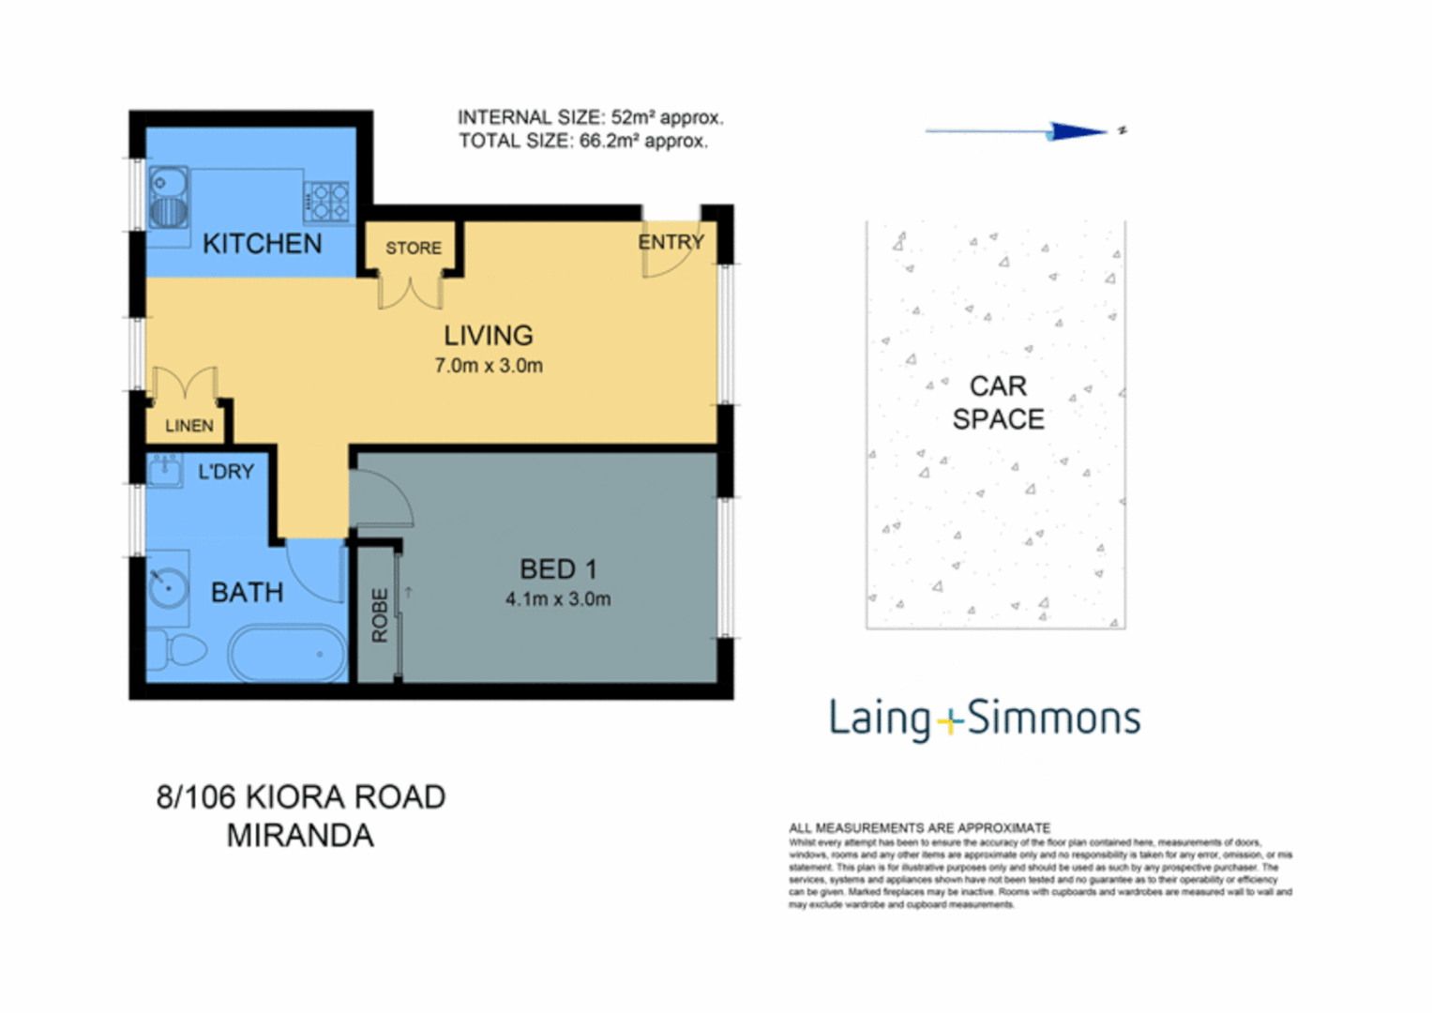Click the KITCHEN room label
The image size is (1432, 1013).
coord(262,244)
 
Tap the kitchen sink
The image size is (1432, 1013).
coord(169,198)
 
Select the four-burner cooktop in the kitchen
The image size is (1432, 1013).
coord(325,201)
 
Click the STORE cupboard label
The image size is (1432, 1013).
coord(413,248)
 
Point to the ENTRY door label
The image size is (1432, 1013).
coord(671,242)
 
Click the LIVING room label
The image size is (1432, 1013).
coord(488,335)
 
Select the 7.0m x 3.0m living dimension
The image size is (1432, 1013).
coord(488,366)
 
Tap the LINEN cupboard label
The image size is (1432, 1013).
coord(188,426)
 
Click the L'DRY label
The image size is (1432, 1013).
coord(225,472)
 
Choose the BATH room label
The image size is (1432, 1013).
coord(247,593)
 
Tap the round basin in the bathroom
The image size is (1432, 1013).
coord(167,588)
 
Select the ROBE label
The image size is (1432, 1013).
coord(379,615)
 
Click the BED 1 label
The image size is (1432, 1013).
coord(558,569)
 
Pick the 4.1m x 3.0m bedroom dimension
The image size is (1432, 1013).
coord(558,599)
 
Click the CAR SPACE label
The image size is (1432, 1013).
coord(998,402)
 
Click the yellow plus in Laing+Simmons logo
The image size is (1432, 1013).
coord(950,722)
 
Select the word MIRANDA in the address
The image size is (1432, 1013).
coord(300,835)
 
